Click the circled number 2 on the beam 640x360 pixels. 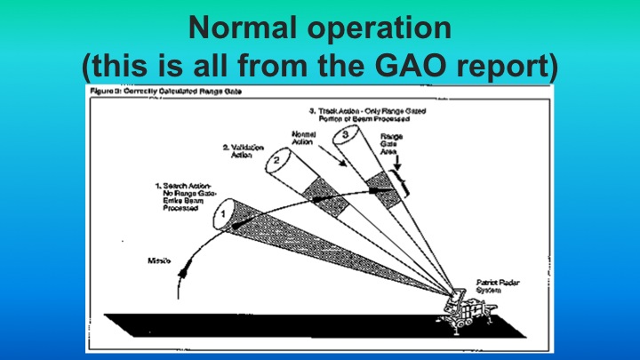[276, 162]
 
